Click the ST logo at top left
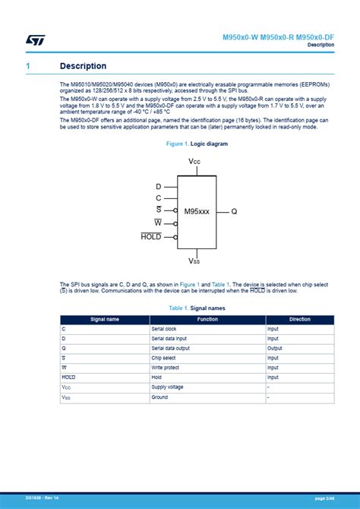click(x=35, y=40)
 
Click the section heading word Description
click(x=83, y=66)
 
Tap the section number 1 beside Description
click(x=27, y=66)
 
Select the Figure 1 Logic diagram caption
click(x=197, y=144)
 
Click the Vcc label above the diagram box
click(x=195, y=163)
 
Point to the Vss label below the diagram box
click(x=195, y=261)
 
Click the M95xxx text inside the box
click(x=196, y=211)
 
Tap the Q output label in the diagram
click(x=234, y=211)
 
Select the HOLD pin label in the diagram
click(x=151, y=236)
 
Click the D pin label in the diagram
click(x=158, y=186)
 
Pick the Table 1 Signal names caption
click(x=197, y=308)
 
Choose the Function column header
click(x=207, y=320)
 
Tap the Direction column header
click(x=300, y=320)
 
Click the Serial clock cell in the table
click(x=165, y=329)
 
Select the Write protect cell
click(x=166, y=368)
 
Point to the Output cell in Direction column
click(x=273, y=348)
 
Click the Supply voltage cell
click(x=167, y=387)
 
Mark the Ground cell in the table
click(x=159, y=397)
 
